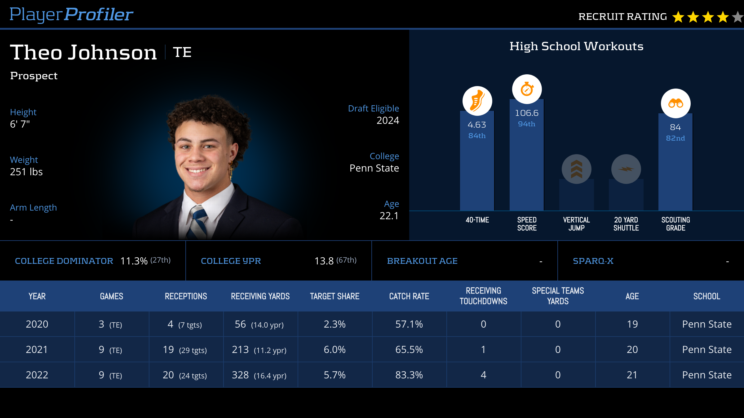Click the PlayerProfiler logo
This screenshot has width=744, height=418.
click(x=71, y=15)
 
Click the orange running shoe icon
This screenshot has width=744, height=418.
click(x=477, y=101)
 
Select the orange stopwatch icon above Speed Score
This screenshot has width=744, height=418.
click(x=527, y=89)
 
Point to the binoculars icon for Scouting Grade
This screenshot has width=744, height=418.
click(x=675, y=103)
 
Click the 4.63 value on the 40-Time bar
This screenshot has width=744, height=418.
click(x=477, y=125)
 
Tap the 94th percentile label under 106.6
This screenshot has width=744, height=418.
click(x=526, y=124)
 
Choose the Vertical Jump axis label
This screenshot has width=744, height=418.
click(x=576, y=224)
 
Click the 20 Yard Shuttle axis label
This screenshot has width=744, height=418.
click(x=626, y=224)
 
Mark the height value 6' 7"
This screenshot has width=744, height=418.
click(x=20, y=124)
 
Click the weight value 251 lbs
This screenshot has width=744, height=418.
click(x=26, y=172)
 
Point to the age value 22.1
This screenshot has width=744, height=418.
click(x=389, y=216)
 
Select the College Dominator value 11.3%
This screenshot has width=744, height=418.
click(x=134, y=261)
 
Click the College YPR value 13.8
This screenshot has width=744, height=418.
click(x=324, y=261)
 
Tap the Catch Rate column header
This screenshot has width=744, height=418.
click(x=409, y=296)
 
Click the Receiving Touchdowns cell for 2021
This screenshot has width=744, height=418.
click(x=483, y=350)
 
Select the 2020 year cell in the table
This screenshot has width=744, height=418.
click(x=37, y=324)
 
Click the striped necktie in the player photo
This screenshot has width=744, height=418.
click(x=198, y=223)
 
